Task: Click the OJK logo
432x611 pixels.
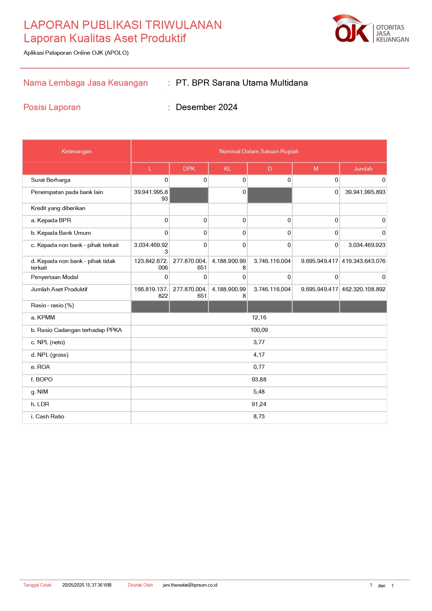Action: tap(370, 29)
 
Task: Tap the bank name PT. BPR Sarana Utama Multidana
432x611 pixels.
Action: tap(242, 83)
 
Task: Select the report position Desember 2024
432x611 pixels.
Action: tap(206, 107)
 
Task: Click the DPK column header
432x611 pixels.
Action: tap(189, 169)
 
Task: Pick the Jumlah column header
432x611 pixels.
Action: tap(363, 169)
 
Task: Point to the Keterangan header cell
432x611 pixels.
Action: tap(77, 152)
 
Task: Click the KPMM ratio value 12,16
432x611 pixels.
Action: tap(259, 318)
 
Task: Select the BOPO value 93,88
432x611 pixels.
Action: tap(259, 380)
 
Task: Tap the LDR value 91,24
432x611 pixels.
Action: tap(259, 404)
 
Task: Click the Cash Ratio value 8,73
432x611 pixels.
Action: tap(259, 417)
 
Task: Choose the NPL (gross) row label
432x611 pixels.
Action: tap(49, 355)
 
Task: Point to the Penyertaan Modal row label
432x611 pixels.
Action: tap(55, 277)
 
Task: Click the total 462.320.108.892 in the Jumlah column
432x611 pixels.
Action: tap(363, 289)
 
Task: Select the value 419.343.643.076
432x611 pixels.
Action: tap(363, 261)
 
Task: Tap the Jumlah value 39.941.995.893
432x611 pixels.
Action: tap(365, 192)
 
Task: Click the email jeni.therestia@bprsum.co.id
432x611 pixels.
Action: tap(190, 585)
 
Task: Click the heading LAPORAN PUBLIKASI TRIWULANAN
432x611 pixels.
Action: tap(123, 25)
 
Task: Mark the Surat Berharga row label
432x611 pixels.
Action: tap(50, 180)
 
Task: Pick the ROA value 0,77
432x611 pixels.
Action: tap(259, 367)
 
